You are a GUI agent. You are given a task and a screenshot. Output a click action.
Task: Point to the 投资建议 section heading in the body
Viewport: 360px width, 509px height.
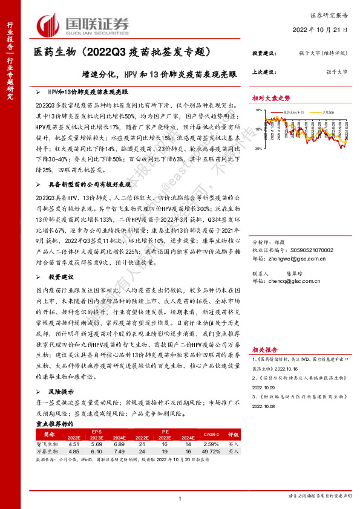pos(61,276)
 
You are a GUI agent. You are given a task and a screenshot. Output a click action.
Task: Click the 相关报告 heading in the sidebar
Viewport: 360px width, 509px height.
pos(265,349)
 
